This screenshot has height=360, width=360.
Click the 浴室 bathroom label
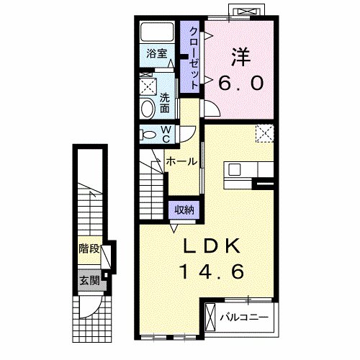coord(157,53)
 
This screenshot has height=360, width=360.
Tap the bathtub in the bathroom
coord(157,32)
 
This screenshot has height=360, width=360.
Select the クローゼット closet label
coord(194,58)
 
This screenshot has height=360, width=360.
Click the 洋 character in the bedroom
coord(241,57)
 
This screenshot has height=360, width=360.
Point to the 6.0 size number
coord(241,83)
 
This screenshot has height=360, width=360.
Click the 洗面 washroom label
coord(165,103)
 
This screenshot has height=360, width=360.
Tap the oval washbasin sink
coord(148,109)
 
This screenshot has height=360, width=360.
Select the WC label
coord(166,135)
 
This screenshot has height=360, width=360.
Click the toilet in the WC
coord(147,134)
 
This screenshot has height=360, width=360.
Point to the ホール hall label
coord(181,161)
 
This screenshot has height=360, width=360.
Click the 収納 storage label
coord(184,210)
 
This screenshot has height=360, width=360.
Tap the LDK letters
coord(212,246)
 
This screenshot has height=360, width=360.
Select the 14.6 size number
coord(213,271)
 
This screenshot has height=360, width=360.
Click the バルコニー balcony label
coord(244,318)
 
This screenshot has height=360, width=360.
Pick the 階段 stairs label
coord(89,248)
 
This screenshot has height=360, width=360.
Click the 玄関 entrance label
coord(89,280)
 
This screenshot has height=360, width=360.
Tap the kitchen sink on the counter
coord(235,170)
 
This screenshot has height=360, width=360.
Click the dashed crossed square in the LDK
coord(265,133)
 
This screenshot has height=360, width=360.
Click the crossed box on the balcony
coord(211,318)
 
